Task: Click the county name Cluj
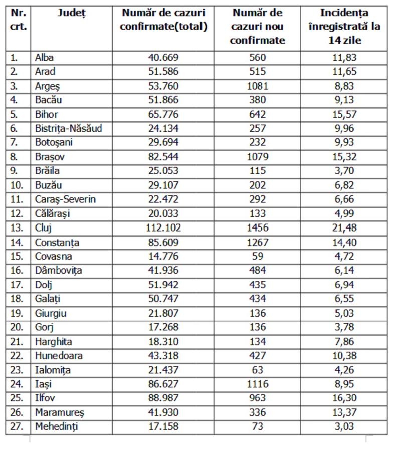click(44, 228)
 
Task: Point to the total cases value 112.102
click(163, 228)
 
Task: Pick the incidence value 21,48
click(344, 228)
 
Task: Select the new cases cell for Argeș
click(257, 86)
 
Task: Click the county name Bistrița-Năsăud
click(69, 128)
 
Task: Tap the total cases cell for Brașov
click(163, 157)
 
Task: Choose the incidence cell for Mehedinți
click(344, 427)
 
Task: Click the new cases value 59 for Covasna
click(257, 257)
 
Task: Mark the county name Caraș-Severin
click(65, 199)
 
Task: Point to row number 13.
click(17, 228)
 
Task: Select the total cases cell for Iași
click(163, 384)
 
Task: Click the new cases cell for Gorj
click(257, 328)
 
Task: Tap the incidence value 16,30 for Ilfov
click(344, 398)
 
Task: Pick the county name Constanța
click(57, 242)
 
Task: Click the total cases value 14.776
click(163, 257)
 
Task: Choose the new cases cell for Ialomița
click(257, 370)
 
